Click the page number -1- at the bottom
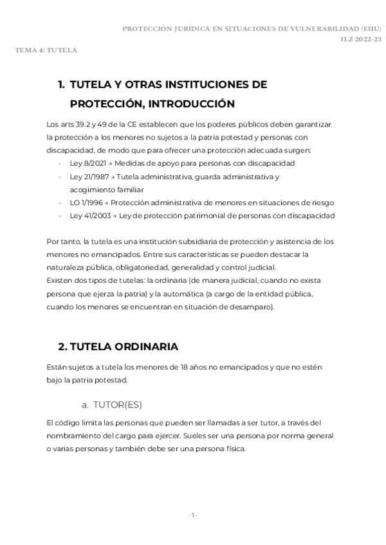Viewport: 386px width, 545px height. click(x=193, y=516)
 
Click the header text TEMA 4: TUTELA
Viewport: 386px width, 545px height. click(x=46, y=49)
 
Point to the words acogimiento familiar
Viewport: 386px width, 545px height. click(x=107, y=189)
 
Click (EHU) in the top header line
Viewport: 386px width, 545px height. click(x=371, y=29)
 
